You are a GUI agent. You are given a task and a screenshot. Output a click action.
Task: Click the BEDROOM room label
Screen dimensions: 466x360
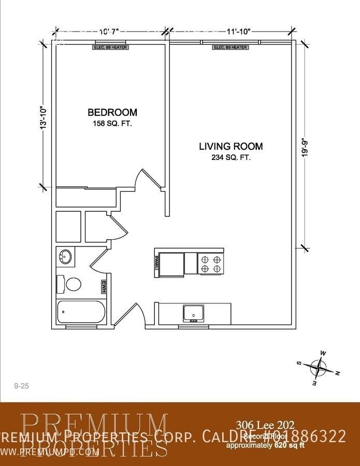pyautogui.click(x=112, y=112)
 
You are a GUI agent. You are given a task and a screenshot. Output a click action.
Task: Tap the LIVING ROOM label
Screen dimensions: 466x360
pyautogui.click(x=231, y=147)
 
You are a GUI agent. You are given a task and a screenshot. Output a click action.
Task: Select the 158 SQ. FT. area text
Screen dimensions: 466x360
pyautogui.click(x=112, y=124)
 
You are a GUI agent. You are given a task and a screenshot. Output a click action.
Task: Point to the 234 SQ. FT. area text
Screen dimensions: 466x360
pyautogui.click(x=231, y=158)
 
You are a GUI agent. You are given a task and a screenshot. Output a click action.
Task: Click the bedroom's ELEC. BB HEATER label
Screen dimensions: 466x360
pyautogui.click(x=110, y=48)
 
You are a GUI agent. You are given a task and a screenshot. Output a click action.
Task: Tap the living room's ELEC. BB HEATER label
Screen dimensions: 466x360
pyautogui.click(x=230, y=48)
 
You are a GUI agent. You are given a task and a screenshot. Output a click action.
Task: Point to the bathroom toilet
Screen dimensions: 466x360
pyautogui.click(x=71, y=284)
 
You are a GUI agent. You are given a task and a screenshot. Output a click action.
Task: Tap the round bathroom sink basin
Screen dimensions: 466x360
pyautogui.click(x=65, y=256)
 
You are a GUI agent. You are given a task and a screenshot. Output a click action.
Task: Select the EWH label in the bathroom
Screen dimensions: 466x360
pyautogui.click(x=104, y=286)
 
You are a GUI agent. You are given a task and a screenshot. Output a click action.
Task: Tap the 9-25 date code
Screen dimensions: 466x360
pyautogui.click(x=21, y=386)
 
